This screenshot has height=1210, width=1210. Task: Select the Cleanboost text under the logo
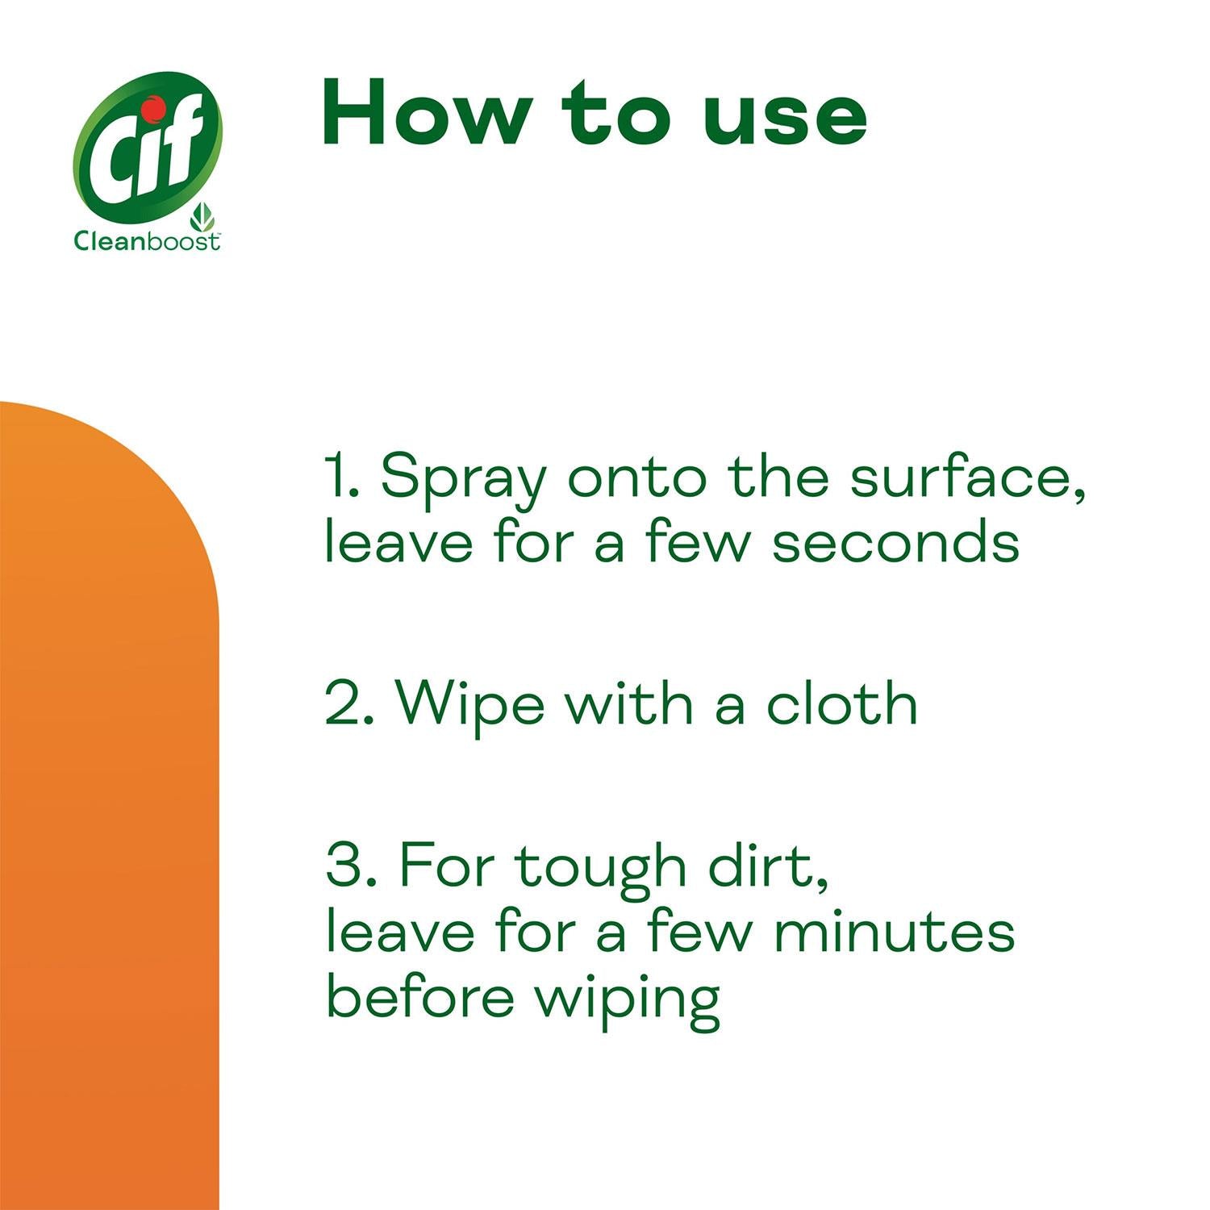coord(146,241)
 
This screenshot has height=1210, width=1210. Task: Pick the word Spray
coord(463,480)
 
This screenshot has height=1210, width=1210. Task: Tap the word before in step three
coord(419,997)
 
